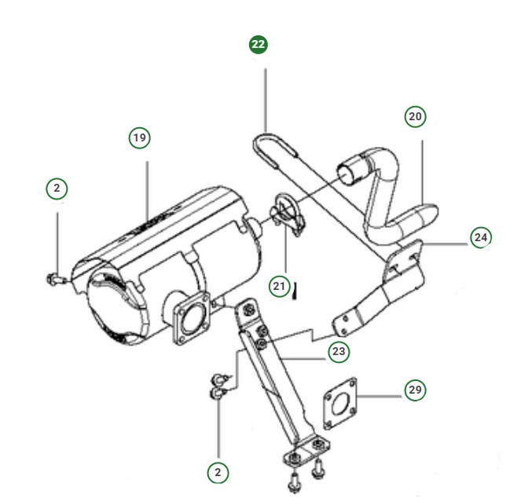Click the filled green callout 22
pos(258,45)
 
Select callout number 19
pos(139,138)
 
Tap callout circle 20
pos(415,117)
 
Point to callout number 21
pos(279,287)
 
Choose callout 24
pos(481,236)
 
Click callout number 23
pos(339,351)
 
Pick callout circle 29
pos(416,390)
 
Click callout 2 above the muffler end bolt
pos(57,189)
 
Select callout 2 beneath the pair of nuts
pos(218,471)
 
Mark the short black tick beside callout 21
pos(295,293)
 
